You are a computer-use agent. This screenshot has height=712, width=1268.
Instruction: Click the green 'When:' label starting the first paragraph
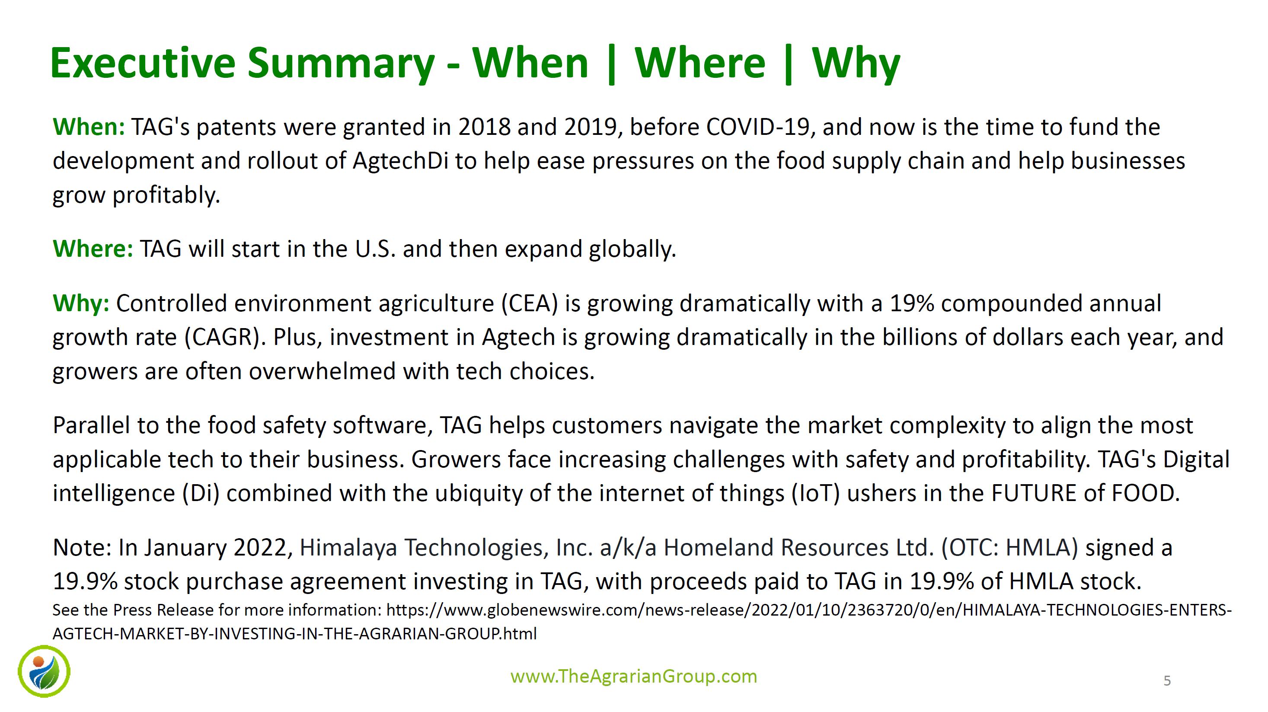pos(89,127)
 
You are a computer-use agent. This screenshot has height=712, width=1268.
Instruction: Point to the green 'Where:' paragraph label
pos(93,249)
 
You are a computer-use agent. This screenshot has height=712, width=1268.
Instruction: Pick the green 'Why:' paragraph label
pos(81,303)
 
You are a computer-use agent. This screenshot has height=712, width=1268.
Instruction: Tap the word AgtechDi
pos(400,161)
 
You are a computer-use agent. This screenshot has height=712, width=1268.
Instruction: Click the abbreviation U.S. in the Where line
pos(375,249)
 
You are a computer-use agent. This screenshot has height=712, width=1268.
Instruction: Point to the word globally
pos(632,249)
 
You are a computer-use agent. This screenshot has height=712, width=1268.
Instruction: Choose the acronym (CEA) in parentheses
pos(530,303)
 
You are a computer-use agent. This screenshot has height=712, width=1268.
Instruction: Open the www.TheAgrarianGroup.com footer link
pos(634,677)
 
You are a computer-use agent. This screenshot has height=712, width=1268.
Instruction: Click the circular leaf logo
pos(44,672)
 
